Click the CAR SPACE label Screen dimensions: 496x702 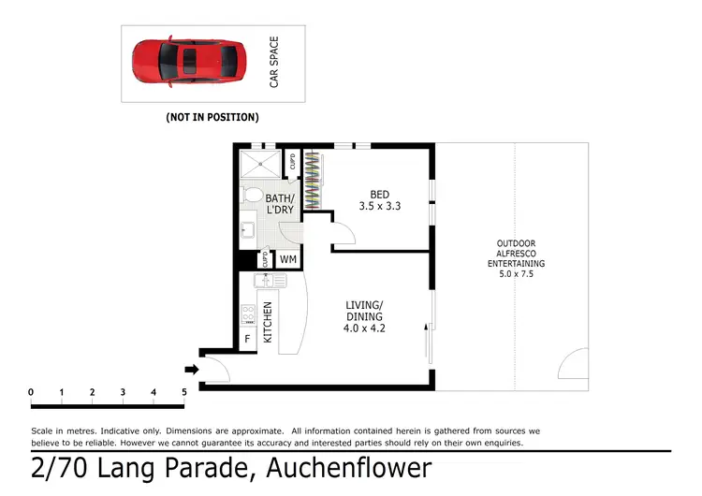click(x=274, y=63)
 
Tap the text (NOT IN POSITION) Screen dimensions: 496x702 click(x=212, y=118)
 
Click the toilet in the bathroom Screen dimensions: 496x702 click(x=252, y=195)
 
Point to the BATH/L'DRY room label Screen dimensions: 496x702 click(x=280, y=204)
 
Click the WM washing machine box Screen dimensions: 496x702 click(x=288, y=259)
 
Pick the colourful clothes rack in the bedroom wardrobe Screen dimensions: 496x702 click(x=317, y=181)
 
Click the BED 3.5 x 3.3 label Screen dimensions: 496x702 click(x=380, y=200)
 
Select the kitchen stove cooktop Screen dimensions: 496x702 click(x=249, y=314)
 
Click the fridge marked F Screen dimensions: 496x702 click(x=248, y=339)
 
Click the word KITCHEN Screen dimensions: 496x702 click(x=267, y=321)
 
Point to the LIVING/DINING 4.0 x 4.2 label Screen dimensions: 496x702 click(x=364, y=316)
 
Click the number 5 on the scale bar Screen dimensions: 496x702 click(x=184, y=391)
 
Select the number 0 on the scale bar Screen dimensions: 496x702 click(x=31, y=391)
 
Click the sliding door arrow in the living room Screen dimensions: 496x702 click(x=427, y=343)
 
